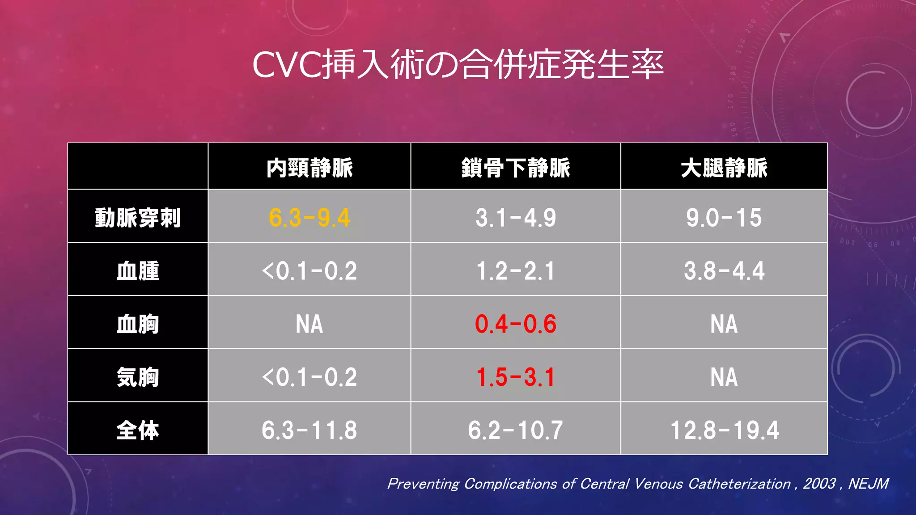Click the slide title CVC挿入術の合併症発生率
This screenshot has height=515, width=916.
tap(458, 65)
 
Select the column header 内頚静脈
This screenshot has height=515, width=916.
tap(310, 168)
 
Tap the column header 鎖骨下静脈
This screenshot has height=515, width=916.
tap(516, 168)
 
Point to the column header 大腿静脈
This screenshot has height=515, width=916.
tap(724, 168)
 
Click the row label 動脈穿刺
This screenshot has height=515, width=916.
tap(138, 218)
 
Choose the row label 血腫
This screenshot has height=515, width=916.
tap(138, 271)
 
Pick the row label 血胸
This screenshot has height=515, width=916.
tap(138, 324)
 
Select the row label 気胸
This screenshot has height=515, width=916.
tap(138, 377)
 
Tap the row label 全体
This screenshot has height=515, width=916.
tap(138, 430)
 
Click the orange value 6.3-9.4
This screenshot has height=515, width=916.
tap(310, 218)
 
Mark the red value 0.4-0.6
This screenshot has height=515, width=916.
tap(516, 324)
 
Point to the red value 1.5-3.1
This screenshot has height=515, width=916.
tap(516, 377)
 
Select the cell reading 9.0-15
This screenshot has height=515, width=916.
tap(724, 218)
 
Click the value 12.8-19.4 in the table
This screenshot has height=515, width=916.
tap(725, 430)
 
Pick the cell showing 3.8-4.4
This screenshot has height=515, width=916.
tap(724, 271)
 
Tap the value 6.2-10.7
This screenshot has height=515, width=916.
tap(516, 430)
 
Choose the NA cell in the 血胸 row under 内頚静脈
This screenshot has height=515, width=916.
tap(310, 324)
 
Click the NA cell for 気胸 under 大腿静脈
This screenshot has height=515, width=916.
tap(724, 377)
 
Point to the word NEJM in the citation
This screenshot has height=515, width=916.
tap(868, 484)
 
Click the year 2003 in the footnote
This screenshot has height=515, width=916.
tap(819, 484)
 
